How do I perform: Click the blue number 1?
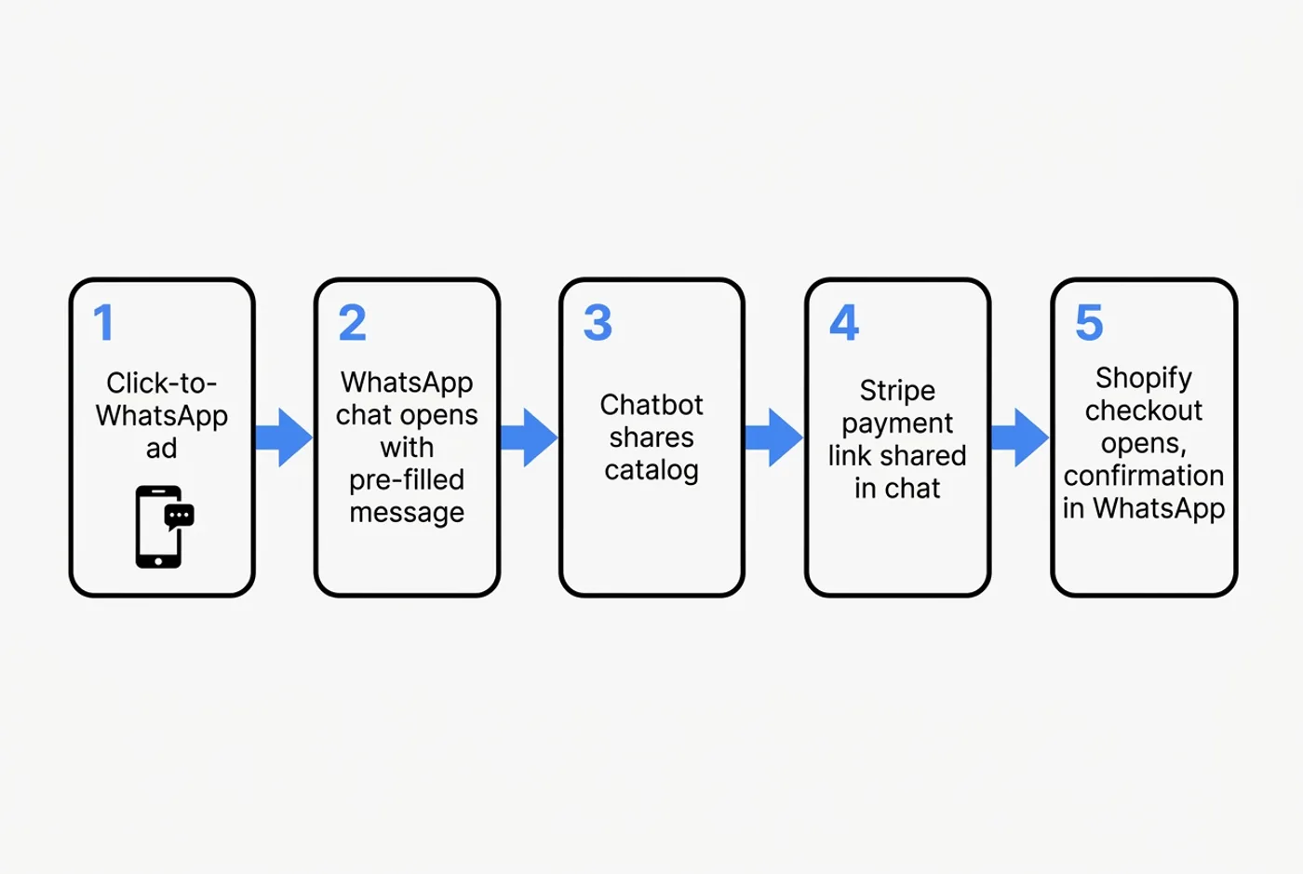[103, 323]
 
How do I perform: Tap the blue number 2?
[352, 323]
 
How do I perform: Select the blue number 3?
[598, 323]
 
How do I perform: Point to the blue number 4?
[844, 323]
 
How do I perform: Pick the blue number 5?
[1089, 323]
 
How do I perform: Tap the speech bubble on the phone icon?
[179, 516]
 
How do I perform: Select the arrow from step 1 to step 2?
[284, 437]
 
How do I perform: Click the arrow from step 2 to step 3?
[529, 437]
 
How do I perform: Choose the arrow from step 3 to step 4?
[774, 437]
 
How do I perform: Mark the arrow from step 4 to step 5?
[1020, 437]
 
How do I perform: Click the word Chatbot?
[651, 405]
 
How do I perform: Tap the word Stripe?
[897, 390]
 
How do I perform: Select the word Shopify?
[1143, 378]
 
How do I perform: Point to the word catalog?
[651, 471]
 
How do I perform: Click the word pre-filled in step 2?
[407, 480]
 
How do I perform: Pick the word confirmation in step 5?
[1143, 476]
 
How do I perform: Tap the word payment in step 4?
[897, 424]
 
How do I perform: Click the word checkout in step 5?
[1143, 410]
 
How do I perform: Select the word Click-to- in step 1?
[161, 383]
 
